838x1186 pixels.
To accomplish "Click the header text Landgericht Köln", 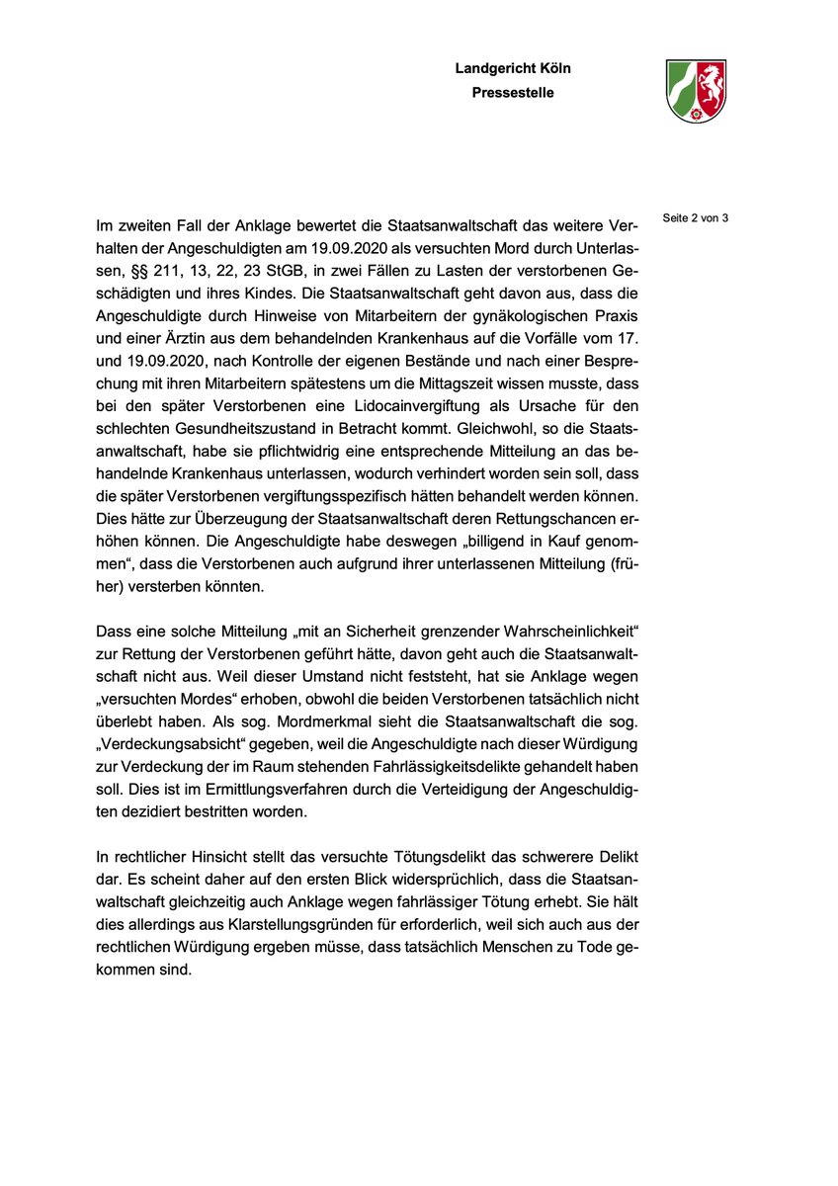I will [x=513, y=68].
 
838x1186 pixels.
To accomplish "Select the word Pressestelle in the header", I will [x=513, y=93].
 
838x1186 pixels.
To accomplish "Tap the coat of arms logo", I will [x=696, y=89].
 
